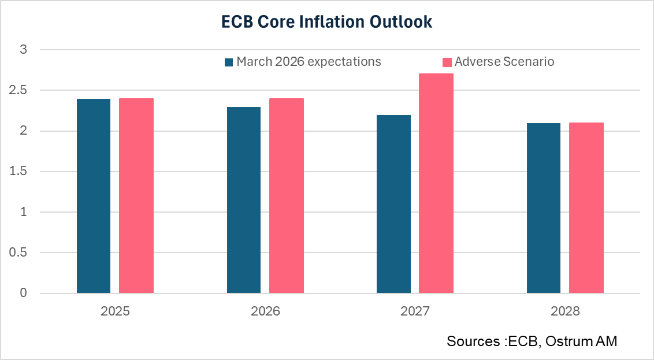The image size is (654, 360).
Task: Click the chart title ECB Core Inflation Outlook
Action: [x=327, y=22]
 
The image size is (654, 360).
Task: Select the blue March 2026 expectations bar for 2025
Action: [x=94, y=196]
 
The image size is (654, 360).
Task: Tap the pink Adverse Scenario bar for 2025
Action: [x=136, y=196]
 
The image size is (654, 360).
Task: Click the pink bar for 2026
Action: [x=286, y=196]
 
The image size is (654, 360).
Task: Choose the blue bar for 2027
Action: [x=393, y=205]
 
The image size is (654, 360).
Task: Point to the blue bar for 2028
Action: [x=544, y=209]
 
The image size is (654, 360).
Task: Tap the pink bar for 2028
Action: [x=586, y=209]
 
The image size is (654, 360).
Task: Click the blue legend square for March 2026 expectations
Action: [x=229, y=62]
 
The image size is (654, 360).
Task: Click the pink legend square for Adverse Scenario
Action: [x=447, y=62]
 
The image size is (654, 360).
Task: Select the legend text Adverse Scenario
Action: [x=504, y=62]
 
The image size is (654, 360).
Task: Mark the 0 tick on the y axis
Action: [x=24, y=294]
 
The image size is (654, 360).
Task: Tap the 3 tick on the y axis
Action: [x=24, y=50]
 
